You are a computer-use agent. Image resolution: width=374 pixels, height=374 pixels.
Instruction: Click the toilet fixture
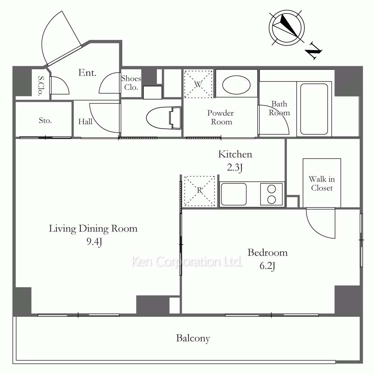[x=164, y=118]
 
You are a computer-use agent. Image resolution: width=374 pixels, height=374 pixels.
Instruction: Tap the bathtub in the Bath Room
[x=314, y=109]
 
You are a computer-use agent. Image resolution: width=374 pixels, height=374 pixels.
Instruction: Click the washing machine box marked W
[x=198, y=84]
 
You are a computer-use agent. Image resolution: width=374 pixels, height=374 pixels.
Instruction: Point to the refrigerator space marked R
[x=199, y=191]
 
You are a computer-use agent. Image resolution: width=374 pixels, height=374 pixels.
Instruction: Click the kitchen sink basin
[x=233, y=194]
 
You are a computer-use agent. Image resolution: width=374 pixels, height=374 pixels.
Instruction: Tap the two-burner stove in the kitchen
[x=272, y=194]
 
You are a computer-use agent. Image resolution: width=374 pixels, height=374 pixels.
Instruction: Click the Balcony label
[x=193, y=338]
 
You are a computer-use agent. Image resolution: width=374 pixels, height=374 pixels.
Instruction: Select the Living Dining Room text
[x=93, y=229]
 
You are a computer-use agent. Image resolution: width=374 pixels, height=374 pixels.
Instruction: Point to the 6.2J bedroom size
[x=267, y=266]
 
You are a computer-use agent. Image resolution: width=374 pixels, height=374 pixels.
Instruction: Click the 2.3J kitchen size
[x=235, y=168]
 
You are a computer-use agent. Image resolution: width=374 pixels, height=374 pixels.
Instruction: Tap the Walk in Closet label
[x=322, y=183]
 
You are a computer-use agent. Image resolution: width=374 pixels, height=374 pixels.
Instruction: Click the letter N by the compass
[x=314, y=51]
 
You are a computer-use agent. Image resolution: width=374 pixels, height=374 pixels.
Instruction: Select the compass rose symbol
[x=287, y=28]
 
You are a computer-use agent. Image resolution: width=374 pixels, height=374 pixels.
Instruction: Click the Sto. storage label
[x=45, y=120]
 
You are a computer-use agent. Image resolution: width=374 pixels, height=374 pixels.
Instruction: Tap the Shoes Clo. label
[x=131, y=83]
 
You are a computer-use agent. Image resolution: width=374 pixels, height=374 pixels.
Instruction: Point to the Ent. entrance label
[x=87, y=73]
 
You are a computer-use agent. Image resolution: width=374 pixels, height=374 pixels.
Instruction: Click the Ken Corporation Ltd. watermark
[x=187, y=261]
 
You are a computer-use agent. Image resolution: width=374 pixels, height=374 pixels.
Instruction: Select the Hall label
[x=85, y=122]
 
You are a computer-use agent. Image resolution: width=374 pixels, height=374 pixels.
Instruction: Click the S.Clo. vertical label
[x=41, y=86]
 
